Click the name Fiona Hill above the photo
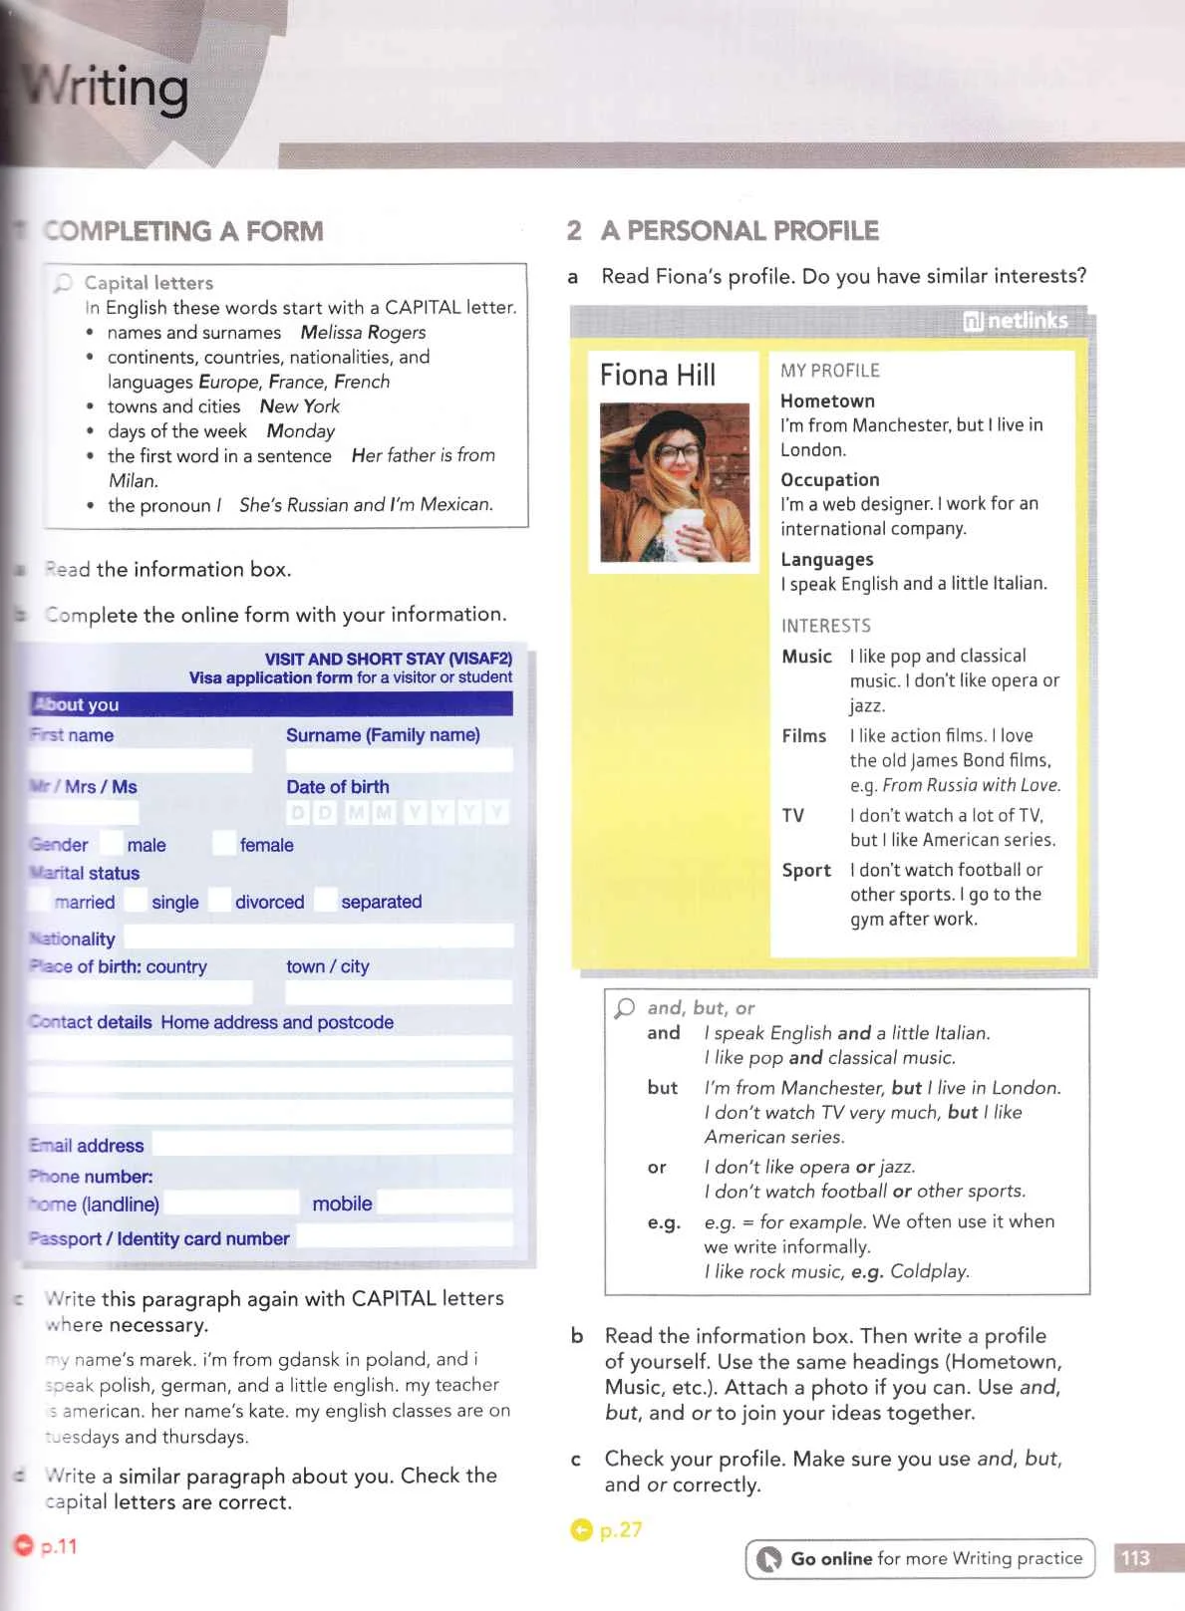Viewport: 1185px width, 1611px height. [658, 376]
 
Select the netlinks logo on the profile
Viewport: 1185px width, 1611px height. [1015, 321]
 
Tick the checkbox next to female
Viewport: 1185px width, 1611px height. [224, 843]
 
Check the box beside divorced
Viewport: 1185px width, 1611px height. [219, 900]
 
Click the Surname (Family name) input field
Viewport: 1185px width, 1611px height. [399, 761]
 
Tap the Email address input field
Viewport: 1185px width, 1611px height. [332, 1144]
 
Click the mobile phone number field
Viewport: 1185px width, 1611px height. [444, 1203]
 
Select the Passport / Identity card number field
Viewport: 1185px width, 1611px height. [405, 1236]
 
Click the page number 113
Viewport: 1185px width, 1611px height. [1135, 1558]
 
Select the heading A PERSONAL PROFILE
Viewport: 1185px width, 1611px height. [740, 231]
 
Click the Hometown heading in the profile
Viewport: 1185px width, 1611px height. [827, 401]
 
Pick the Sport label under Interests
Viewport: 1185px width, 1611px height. [806, 870]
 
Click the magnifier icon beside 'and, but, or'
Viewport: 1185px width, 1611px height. [625, 1008]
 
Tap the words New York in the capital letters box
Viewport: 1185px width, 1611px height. [299, 406]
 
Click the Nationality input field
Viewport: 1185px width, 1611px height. [318, 937]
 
